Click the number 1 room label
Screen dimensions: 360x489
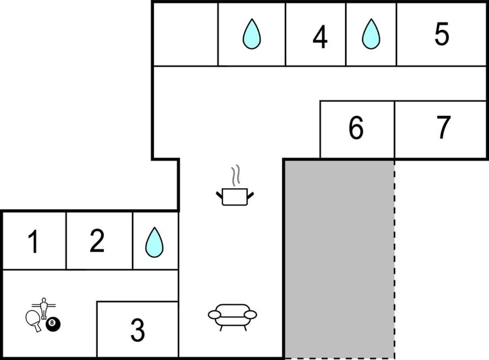[34, 242]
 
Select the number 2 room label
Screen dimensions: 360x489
[97, 241]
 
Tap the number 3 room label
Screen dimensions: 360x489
[137, 330]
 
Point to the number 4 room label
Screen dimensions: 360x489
[320, 37]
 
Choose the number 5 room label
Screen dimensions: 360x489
[442, 35]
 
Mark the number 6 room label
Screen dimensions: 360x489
[356, 129]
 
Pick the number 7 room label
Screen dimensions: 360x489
[443, 128]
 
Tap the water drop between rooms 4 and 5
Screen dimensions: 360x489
[371, 34]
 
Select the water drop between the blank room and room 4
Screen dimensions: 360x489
[252, 34]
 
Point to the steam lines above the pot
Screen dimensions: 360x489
[236, 176]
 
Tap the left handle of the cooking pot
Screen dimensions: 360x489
[219, 193]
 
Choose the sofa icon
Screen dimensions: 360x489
[232, 316]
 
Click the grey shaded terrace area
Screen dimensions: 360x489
[338, 258]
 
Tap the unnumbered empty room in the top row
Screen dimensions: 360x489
[185, 34]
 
